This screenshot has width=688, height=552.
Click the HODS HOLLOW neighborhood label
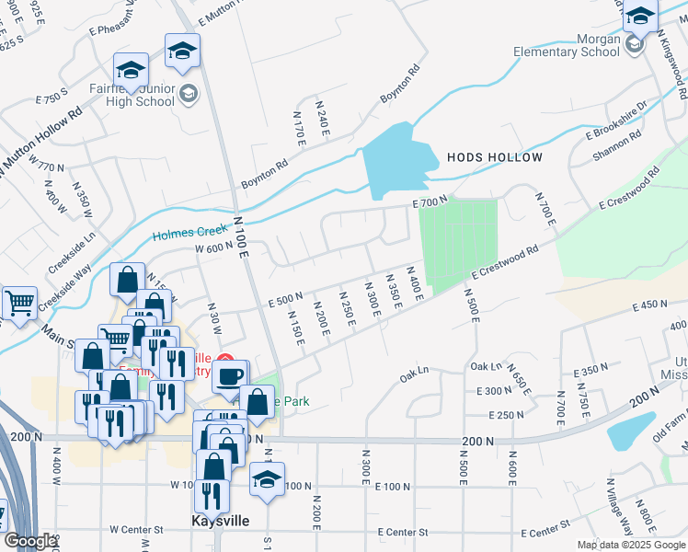[495, 157]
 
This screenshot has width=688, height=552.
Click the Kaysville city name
[220, 520]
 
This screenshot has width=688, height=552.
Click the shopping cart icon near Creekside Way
[18, 303]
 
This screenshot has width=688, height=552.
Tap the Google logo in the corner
[30, 541]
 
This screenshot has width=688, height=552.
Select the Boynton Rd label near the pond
[401, 84]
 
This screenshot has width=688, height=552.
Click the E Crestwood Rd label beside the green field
[505, 262]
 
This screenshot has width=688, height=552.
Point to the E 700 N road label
[430, 201]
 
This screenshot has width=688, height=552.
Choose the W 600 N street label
[213, 246]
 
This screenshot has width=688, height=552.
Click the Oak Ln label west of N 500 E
[415, 373]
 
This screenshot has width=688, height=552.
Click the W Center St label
[136, 530]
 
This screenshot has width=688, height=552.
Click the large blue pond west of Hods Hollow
[397, 158]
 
